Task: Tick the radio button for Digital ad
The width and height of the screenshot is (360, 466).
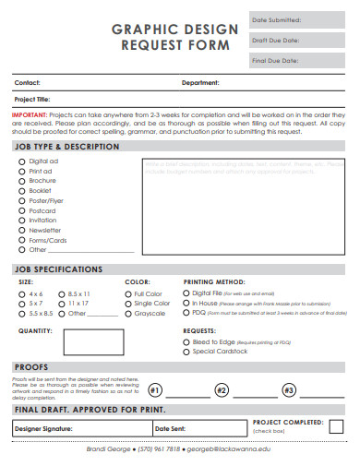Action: click(21, 161)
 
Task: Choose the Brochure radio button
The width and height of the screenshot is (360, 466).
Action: click(21, 181)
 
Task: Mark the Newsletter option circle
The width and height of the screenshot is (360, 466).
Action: click(21, 230)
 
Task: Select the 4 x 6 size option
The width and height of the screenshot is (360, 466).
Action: click(21, 293)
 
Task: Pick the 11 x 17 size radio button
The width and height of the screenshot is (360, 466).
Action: click(62, 303)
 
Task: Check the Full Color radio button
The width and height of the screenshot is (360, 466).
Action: click(128, 293)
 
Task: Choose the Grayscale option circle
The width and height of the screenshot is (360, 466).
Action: click(128, 313)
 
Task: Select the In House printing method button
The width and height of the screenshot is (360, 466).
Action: click(186, 302)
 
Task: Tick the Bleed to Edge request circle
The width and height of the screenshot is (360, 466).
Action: click(186, 341)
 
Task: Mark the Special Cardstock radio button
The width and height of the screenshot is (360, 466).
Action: click(186, 352)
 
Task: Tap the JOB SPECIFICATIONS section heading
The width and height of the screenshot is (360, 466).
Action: click(58, 269)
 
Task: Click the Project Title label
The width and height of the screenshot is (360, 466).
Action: click(32, 99)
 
